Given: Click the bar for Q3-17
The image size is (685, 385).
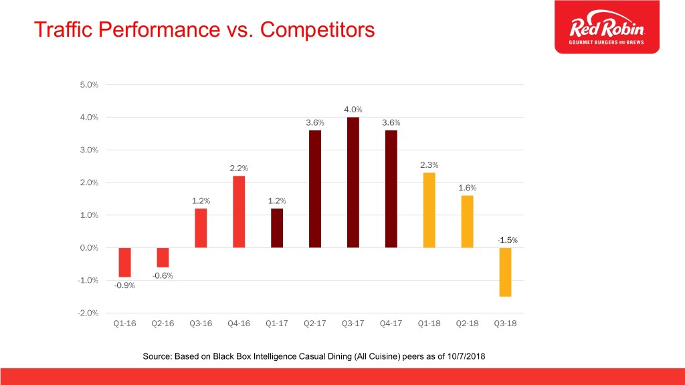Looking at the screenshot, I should click(x=353, y=182).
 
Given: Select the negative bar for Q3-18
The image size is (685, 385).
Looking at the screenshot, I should click(x=505, y=272).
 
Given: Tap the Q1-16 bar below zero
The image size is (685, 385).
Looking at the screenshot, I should click(x=125, y=262).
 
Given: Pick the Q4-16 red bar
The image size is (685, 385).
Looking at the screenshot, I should click(x=239, y=211).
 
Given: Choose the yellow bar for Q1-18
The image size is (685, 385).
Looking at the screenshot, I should click(x=429, y=210).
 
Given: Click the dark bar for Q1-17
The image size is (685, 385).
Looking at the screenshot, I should click(x=277, y=228).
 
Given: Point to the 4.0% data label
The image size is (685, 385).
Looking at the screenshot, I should click(x=353, y=110).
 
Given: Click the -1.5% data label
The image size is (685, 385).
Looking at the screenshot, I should click(x=507, y=240).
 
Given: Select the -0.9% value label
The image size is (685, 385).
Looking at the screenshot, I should click(x=124, y=285).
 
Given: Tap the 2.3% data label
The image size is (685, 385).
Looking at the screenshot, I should click(x=429, y=165).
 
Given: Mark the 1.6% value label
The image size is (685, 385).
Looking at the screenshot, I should click(x=467, y=188).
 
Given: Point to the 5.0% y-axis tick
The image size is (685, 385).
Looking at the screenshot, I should click(x=89, y=85).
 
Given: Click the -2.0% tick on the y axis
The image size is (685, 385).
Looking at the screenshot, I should click(x=88, y=313).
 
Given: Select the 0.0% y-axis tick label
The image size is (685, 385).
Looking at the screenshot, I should click(x=89, y=248).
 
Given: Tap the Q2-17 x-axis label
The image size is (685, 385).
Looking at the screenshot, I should click(x=315, y=324).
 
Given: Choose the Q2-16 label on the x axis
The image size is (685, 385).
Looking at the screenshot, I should click(x=163, y=324).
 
